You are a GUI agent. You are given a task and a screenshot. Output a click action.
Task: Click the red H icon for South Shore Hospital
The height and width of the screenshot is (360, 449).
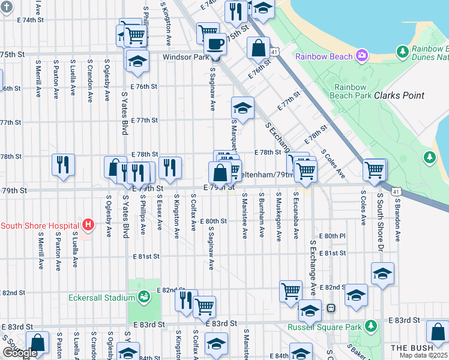88,226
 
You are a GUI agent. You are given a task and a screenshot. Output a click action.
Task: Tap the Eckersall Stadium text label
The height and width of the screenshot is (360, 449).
109,298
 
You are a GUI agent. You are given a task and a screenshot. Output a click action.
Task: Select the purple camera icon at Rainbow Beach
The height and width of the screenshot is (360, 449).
361,56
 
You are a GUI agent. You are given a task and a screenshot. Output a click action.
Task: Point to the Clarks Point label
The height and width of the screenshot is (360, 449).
399,95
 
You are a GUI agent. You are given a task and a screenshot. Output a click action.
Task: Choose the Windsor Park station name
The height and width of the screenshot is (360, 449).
185,57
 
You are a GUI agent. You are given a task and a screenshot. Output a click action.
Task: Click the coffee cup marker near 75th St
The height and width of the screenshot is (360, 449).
214,43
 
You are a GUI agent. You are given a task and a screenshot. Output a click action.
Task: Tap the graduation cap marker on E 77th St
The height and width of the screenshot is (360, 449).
243,108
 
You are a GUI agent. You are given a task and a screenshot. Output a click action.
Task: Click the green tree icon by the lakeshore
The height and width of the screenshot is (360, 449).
429,158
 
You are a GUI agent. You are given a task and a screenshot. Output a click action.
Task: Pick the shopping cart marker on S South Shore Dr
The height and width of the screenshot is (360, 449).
375,170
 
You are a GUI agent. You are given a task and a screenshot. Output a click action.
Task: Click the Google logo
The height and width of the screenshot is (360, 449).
20,353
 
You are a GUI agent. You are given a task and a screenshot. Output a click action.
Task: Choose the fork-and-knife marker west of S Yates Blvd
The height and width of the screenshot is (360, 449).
63,164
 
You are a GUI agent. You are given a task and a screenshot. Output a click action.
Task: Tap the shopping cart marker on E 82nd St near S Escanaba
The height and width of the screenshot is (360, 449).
291,291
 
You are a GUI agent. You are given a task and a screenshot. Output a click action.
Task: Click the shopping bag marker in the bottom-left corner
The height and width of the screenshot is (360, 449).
37,343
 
